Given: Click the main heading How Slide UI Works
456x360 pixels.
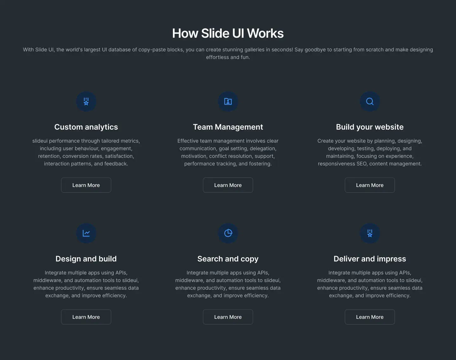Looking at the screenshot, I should click(228, 33).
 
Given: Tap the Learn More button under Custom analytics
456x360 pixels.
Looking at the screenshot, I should click(86, 185).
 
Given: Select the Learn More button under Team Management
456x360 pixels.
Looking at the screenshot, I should click(228, 185).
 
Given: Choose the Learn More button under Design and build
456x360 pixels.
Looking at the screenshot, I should click(86, 317).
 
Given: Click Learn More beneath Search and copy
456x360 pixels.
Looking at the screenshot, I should click(228, 317).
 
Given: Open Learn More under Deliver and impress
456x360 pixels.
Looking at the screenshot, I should click(370, 317).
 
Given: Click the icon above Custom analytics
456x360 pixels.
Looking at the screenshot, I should click(86, 101).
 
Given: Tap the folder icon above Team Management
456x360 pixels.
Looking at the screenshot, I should click(228, 101).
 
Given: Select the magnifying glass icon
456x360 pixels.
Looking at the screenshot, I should click(370, 101).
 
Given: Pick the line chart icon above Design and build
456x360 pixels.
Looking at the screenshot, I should click(86, 233).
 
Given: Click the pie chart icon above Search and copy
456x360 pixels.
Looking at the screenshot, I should click(228, 233).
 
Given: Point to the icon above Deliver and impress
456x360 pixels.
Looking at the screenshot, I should click(370, 233).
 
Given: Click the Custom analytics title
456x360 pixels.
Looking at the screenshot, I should click(86, 127).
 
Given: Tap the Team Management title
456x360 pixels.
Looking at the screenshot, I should click(228, 127).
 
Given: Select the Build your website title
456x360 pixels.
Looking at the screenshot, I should click(370, 127).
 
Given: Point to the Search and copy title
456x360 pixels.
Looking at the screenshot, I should click(228, 259).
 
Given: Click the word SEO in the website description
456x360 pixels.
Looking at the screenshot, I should click(362, 164).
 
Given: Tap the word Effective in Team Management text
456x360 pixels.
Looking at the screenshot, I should click(188, 141).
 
